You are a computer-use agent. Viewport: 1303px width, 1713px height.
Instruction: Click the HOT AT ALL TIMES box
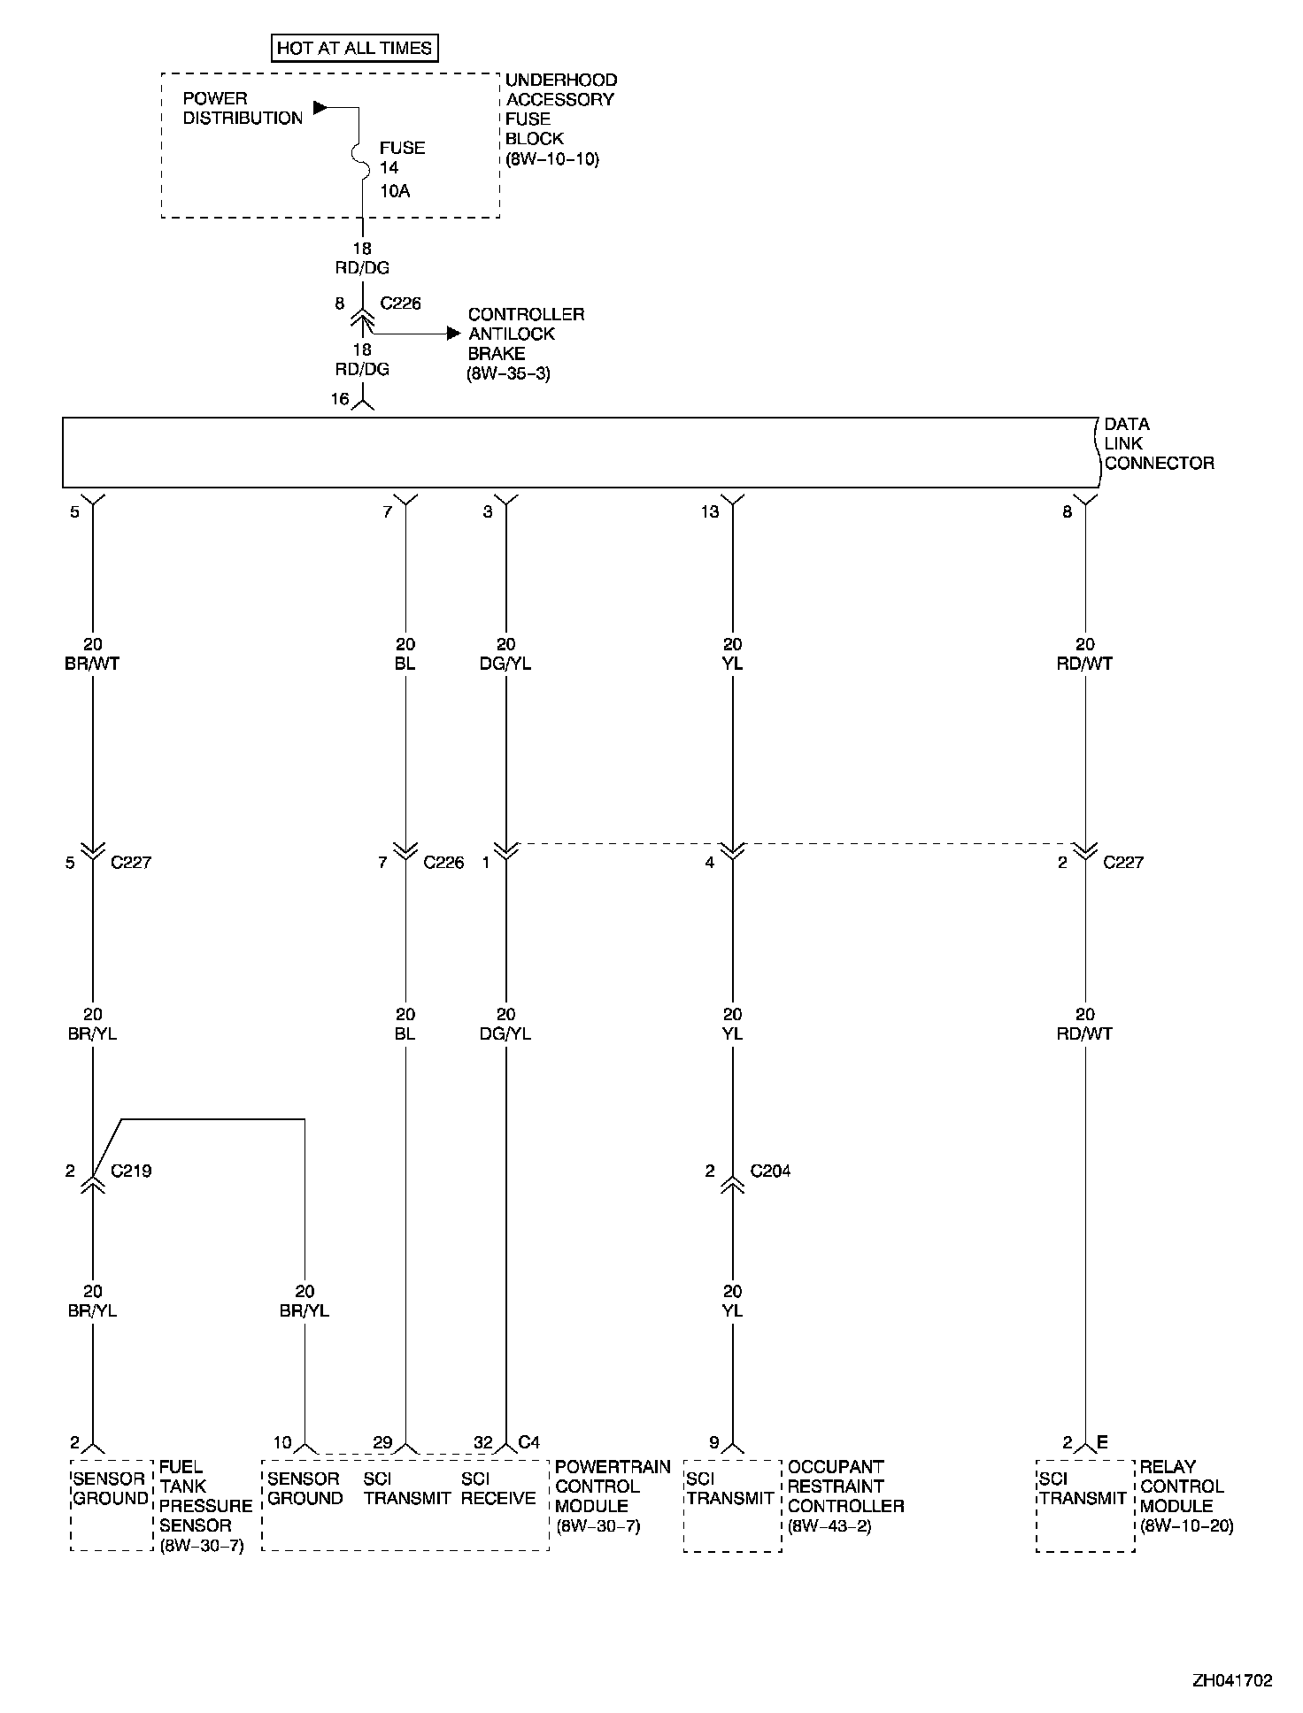pyautogui.click(x=354, y=48)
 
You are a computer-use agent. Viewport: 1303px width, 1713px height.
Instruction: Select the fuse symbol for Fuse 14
pyautogui.click(x=362, y=156)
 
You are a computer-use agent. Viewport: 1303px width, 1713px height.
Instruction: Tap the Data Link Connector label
pyautogui.click(x=1159, y=443)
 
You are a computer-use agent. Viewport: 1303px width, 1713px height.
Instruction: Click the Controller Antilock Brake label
pyautogui.click(x=526, y=334)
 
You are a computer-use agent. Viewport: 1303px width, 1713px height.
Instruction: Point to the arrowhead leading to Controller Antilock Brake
pyautogui.click(x=454, y=334)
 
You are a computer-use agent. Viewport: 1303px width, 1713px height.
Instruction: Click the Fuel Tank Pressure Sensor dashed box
pyautogui.click(x=112, y=1504)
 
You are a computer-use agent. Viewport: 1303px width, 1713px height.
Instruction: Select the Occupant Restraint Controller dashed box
pyautogui.click(x=732, y=1505)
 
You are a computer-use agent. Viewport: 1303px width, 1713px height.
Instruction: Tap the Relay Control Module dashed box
pyautogui.click(x=1084, y=1505)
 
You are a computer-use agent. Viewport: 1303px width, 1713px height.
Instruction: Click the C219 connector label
pyautogui.click(x=131, y=1171)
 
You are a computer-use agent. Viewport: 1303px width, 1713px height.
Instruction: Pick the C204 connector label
pyautogui.click(x=770, y=1171)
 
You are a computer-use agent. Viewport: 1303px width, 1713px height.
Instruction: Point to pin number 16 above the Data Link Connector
pyautogui.click(x=340, y=399)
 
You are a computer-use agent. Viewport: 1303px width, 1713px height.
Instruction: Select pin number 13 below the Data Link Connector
pyautogui.click(x=710, y=511)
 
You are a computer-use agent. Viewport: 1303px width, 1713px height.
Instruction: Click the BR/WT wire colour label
pyautogui.click(x=92, y=664)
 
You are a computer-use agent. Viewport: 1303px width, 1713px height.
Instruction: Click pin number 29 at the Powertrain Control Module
pyautogui.click(x=382, y=1442)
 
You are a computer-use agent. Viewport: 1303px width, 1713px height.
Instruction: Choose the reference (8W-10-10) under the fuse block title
pyautogui.click(x=552, y=159)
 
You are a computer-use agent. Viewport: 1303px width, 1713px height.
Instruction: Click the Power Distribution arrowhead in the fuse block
pyautogui.click(x=320, y=108)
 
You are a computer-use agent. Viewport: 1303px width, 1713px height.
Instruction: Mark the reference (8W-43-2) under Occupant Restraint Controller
pyautogui.click(x=829, y=1525)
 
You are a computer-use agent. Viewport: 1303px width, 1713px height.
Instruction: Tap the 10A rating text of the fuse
pyautogui.click(x=395, y=191)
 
